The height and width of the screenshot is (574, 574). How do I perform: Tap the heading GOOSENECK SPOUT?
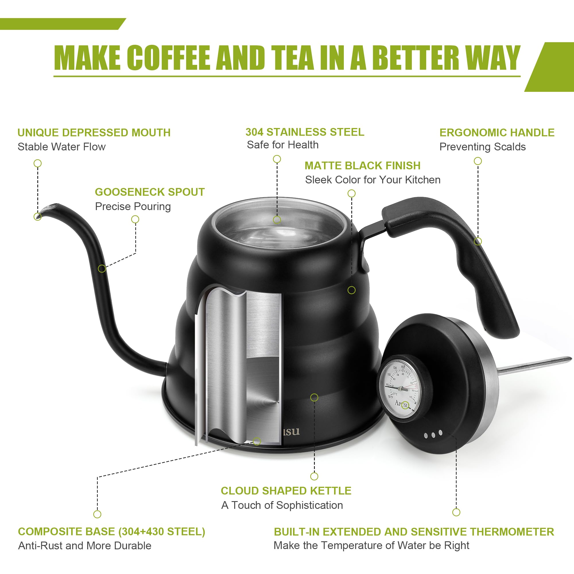click(150, 192)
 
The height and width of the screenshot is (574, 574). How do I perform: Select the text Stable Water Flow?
click(61, 147)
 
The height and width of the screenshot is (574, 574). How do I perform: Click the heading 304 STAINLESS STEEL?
click(305, 132)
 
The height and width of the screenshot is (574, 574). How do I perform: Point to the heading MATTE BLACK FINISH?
click(362, 166)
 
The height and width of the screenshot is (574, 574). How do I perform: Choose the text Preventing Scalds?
click(482, 147)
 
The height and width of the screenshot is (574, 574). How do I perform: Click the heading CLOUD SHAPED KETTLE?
click(286, 491)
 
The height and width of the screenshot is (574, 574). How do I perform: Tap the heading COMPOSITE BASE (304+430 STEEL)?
click(111, 532)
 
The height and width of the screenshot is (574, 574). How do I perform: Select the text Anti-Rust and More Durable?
click(85, 546)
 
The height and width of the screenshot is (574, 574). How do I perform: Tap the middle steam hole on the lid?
click(433, 435)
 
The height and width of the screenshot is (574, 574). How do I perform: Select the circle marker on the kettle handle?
click(478, 241)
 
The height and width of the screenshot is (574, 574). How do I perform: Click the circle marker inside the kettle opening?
click(277, 220)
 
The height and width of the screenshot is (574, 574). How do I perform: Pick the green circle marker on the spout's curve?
click(102, 269)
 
